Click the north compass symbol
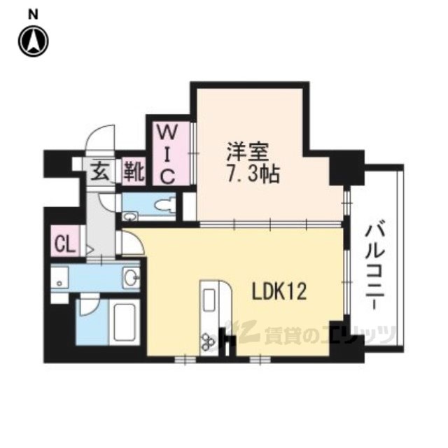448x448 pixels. click(34, 41)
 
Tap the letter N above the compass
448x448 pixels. click(33, 15)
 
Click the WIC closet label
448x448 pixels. click(167, 155)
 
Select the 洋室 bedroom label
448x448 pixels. click(248, 152)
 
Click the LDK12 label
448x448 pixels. click(279, 291)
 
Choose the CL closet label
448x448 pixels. click(64, 244)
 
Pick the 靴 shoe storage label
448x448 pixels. click(134, 171)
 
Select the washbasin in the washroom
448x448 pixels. click(131, 277)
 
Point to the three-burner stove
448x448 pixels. click(209, 341)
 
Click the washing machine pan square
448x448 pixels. click(59, 279)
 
